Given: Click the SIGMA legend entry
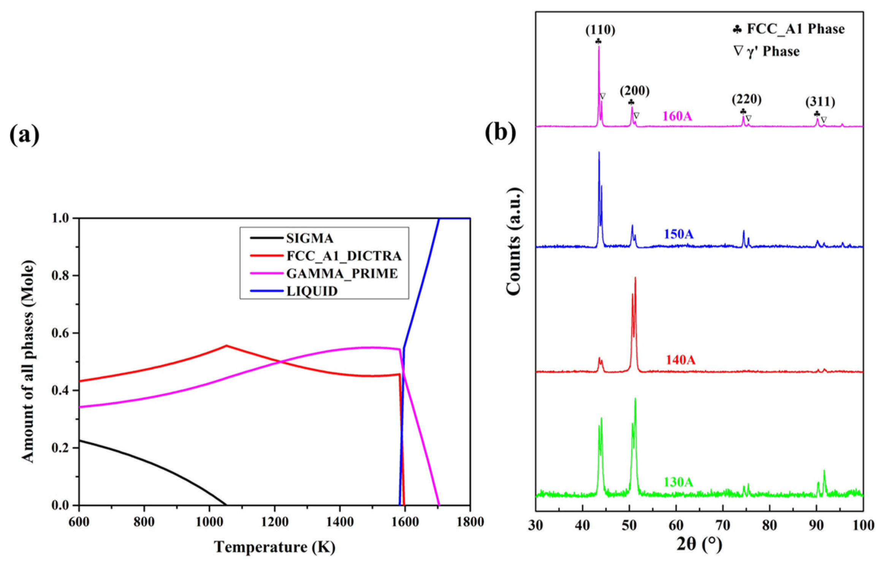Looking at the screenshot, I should click(309, 238).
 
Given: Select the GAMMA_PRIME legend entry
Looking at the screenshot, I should click(342, 274).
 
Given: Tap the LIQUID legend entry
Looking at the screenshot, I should click(312, 291).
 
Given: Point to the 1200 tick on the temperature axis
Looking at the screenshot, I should click(274, 522).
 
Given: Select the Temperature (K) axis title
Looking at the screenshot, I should click(274, 547).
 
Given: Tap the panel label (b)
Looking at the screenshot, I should click(501, 133).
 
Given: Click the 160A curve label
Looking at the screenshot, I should click(677, 116).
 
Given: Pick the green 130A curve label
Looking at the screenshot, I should click(678, 482).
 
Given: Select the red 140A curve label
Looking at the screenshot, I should click(680, 359).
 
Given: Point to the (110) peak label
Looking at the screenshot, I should click(600, 30).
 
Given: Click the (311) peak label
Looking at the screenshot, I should click(820, 102).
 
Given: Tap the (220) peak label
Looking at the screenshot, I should click(747, 99).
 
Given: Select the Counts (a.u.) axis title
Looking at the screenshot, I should click(514, 241).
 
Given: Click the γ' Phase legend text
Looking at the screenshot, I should click(773, 51).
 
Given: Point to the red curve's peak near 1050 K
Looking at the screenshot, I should click(227, 345).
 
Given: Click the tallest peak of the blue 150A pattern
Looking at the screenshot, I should click(599, 153).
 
